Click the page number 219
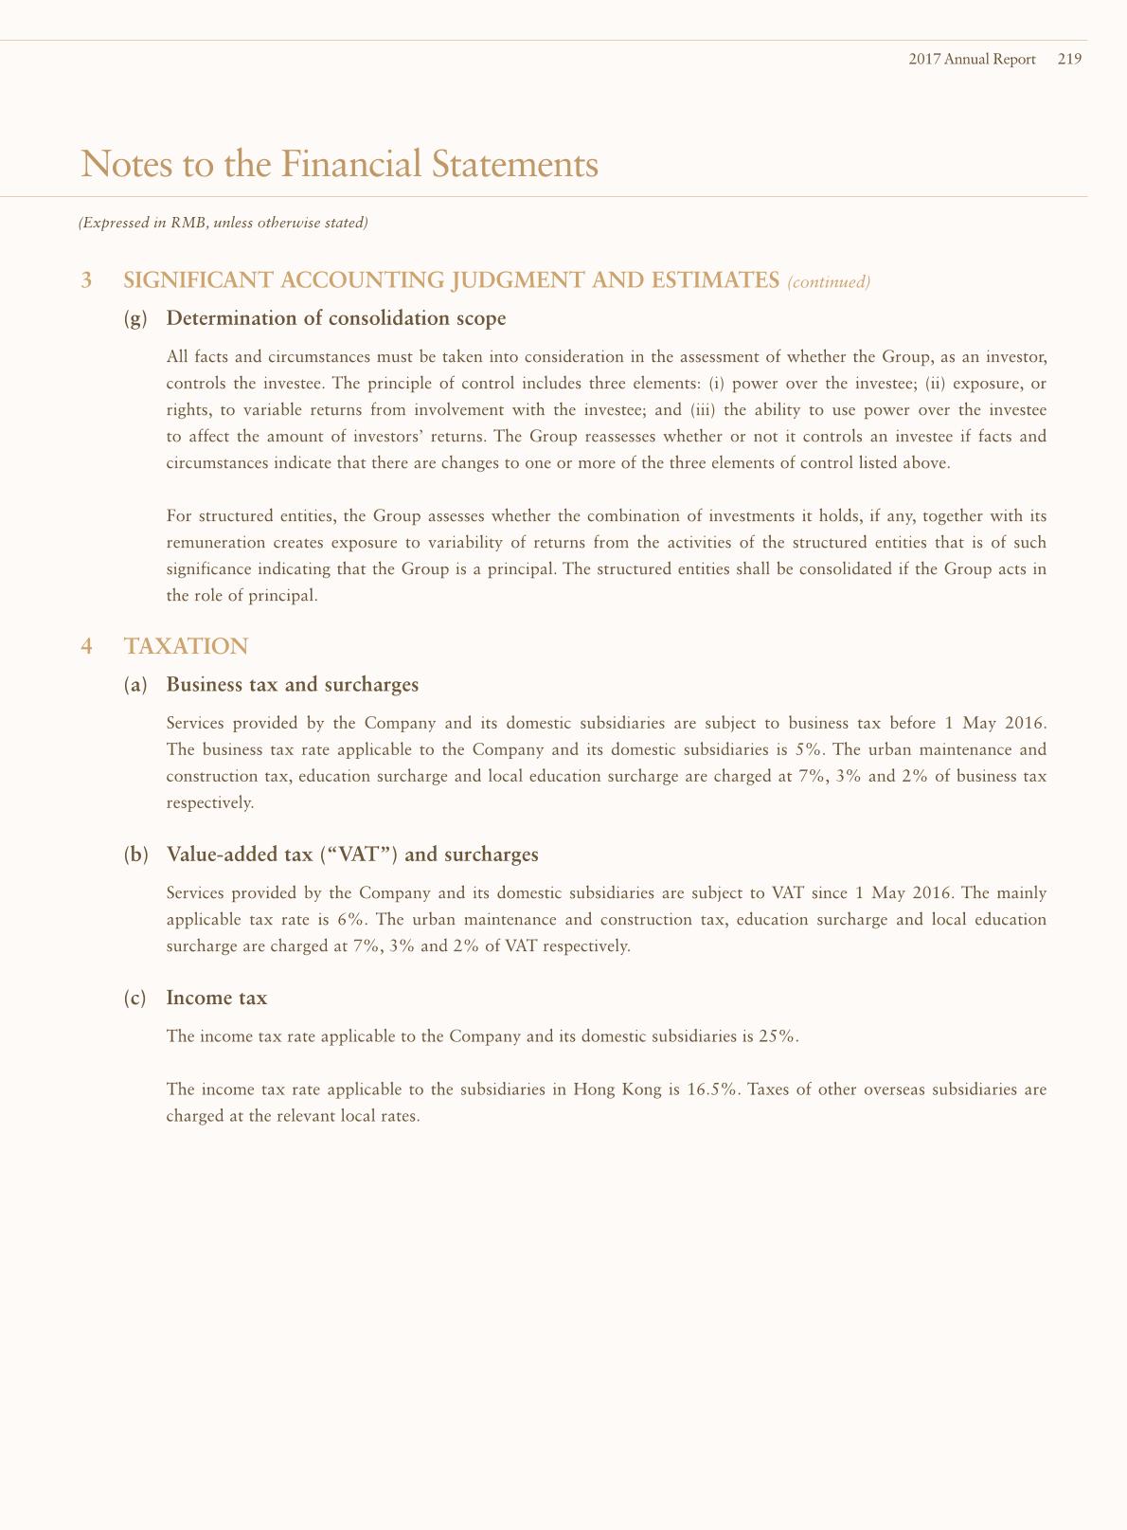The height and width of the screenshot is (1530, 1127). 1070,59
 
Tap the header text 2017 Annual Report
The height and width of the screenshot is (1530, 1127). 972,59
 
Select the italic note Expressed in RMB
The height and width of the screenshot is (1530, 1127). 223,224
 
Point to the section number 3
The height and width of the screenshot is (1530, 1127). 87,280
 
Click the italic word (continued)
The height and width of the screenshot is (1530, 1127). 829,281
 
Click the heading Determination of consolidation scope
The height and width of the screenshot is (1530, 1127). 336,318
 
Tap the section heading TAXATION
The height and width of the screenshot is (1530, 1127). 186,646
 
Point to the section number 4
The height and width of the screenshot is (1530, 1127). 87,646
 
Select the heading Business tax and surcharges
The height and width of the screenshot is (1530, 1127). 292,684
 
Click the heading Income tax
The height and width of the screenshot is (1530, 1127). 217,998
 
